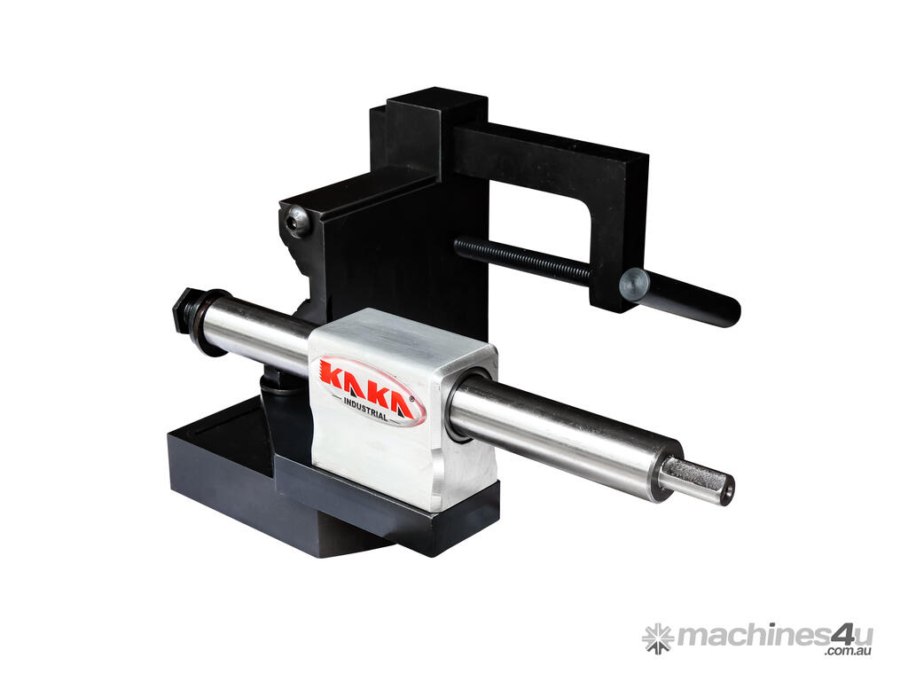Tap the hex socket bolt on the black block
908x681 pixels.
296,221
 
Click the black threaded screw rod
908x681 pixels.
523,260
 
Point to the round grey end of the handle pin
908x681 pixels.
633,286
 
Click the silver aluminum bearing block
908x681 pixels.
402,409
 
